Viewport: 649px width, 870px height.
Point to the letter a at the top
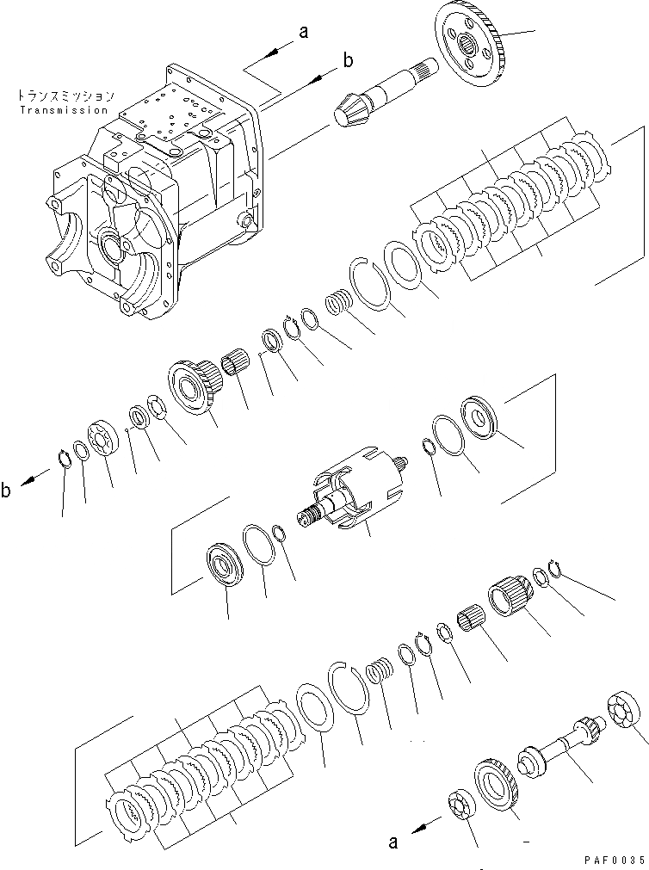(303, 34)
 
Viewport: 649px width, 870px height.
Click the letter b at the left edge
(7, 492)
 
